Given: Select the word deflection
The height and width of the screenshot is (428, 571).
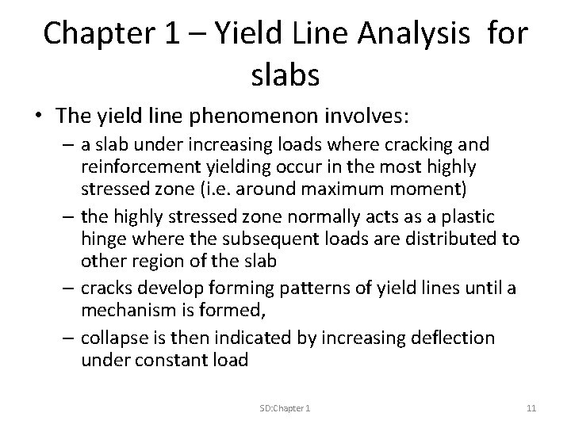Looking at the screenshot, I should coord(451,338).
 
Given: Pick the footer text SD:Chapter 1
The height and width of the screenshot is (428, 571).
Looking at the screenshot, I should coord(285,407).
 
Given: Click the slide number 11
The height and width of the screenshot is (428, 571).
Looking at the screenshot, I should coord(531,407).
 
